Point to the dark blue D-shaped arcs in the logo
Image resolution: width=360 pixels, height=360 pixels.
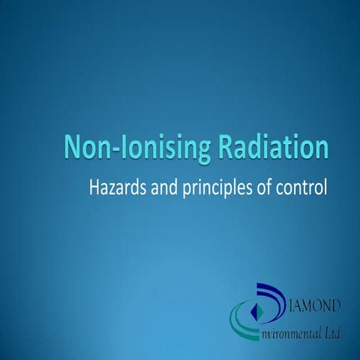coord(281,296)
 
